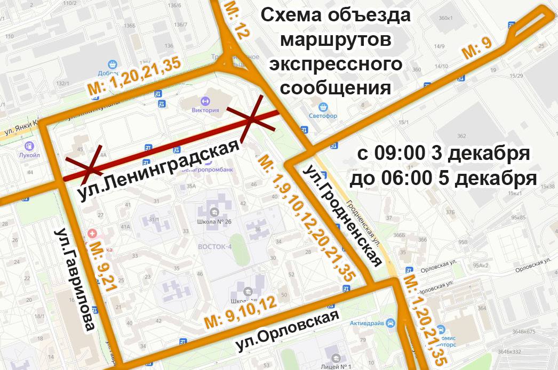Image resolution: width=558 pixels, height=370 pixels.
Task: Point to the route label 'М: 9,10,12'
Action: tap(241, 312)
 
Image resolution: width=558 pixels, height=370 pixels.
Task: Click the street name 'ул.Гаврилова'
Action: tap(75, 280)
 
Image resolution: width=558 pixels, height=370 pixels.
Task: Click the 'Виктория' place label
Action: tap(205, 110)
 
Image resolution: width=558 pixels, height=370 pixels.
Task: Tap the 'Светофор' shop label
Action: tap(323, 116)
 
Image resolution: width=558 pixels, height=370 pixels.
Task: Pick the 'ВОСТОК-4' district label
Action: tap(214, 246)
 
